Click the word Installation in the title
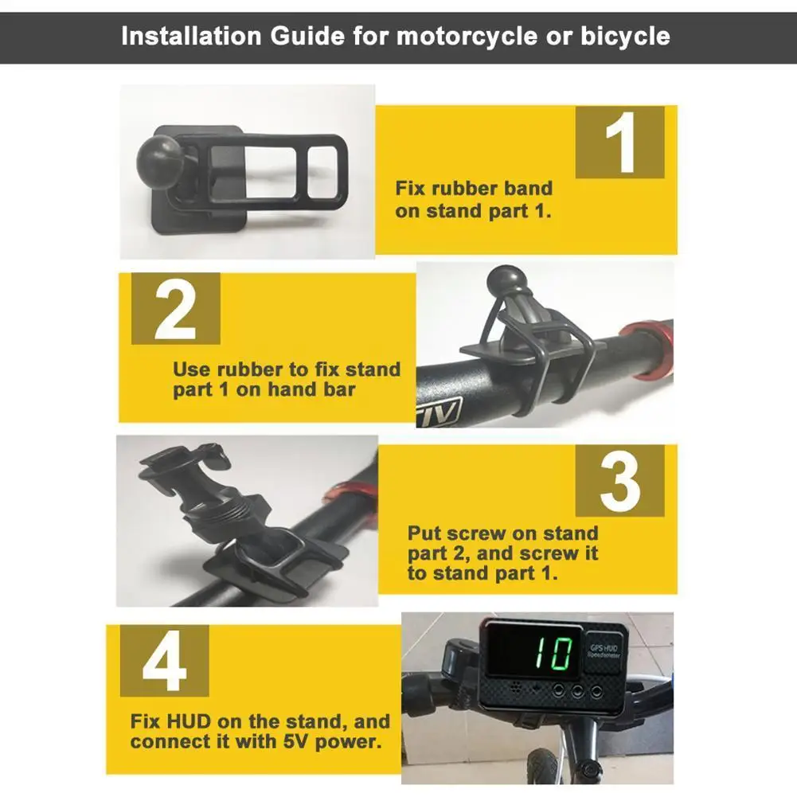(x=191, y=36)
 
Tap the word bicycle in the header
(x=625, y=37)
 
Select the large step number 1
(x=620, y=143)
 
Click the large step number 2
(x=175, y=309)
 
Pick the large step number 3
(x=620, y=481)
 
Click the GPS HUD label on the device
(x=604, y=650)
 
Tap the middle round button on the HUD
(x=577, y=691)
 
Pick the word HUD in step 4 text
(x=188, y=721)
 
